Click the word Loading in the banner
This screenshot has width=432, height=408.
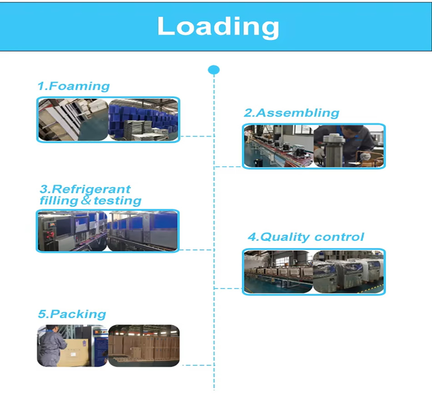click(218, 26)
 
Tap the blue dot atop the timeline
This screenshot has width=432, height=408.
click(214, 70)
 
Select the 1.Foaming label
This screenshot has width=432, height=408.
click(73, 86)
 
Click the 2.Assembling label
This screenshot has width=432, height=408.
click(291, 113)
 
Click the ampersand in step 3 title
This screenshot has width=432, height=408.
click(86, 200)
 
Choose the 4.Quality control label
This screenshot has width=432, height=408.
click(306, 237)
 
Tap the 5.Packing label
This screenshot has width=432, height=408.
click(72, 314)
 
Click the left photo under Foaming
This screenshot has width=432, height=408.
click(73, 119)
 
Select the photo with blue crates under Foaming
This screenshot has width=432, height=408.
click(143, 119)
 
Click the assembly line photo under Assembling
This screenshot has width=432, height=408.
click(278, 146)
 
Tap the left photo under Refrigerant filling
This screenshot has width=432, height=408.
click(72, 231)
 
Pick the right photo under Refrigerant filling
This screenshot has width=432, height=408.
click(142, 231)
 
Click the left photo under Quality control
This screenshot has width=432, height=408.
click(278, 272)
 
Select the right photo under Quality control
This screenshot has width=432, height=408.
click(349, 272)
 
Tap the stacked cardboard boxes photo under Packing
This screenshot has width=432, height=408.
click(144, 345)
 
